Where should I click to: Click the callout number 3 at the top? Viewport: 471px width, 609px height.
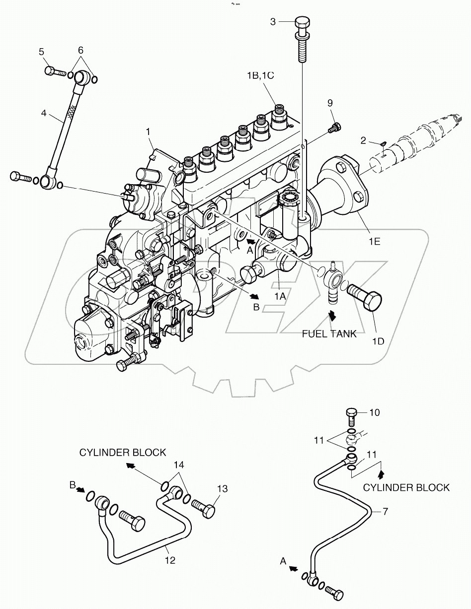(273, 21)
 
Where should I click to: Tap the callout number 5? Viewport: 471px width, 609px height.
(42, 52)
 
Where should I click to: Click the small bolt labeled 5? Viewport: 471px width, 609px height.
(54, 71)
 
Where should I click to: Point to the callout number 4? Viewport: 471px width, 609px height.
(44, 113)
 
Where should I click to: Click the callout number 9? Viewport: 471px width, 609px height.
(329, 103)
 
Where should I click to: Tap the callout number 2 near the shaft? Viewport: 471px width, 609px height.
(364, 141)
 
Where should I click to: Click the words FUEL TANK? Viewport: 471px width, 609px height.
(329, 334)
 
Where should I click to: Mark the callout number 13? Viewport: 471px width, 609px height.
(222, 489)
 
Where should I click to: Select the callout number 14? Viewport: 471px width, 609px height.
(178, 466)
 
